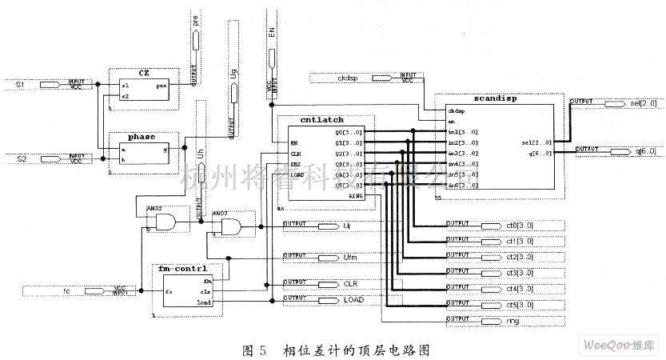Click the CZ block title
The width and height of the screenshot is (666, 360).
[x=144, y=73]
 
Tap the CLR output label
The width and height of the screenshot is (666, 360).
[x=353, y=283]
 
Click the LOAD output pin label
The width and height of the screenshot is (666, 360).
[x=355, y=298]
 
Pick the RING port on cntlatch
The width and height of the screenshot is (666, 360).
[x=356, y=194]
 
